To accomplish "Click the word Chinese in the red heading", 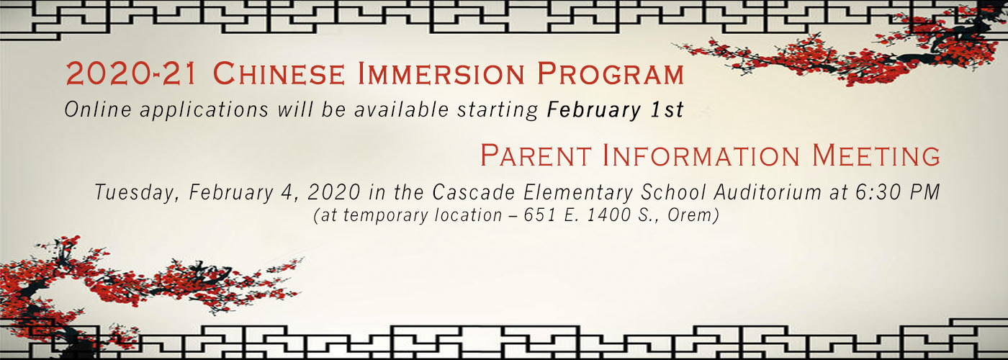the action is (279, 73).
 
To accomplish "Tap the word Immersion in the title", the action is (441, 73).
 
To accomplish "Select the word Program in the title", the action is (611, 73).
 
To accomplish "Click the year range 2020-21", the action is (131, 73).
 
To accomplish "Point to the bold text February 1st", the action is (615, 110).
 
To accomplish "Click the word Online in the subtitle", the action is (98, 109).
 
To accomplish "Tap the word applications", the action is (204, 111).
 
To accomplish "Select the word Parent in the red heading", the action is (536, 156).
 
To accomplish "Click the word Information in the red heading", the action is (701, 156).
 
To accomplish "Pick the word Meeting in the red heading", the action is (876, 156).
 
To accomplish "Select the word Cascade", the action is (474, 192).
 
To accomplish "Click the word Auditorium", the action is (768, 192).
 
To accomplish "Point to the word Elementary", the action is (578, 193).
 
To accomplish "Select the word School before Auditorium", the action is (674, 192).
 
